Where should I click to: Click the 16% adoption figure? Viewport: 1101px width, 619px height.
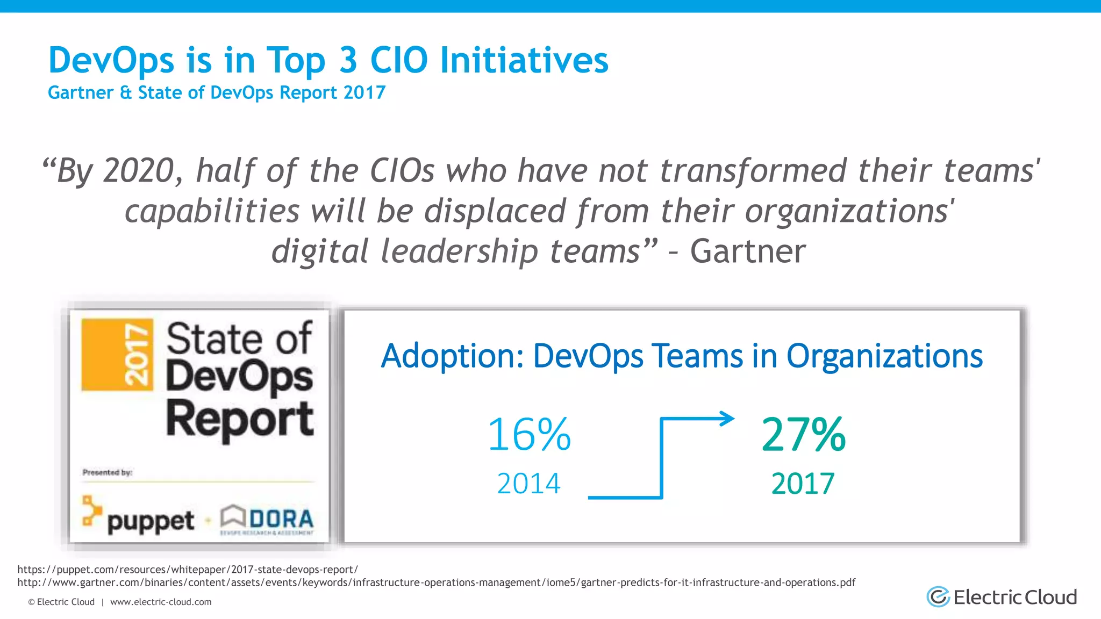529,435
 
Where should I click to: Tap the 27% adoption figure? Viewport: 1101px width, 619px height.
804,435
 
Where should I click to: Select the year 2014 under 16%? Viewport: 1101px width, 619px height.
528,484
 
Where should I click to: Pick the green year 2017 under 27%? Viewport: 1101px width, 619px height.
803,484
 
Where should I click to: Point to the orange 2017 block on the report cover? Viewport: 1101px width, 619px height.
117,355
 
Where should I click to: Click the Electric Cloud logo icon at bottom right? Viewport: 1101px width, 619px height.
938,597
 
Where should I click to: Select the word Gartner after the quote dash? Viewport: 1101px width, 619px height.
748,251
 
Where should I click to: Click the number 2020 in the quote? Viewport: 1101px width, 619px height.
139,171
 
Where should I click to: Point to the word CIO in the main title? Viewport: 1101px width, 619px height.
399,60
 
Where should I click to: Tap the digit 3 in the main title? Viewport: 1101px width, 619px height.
348,60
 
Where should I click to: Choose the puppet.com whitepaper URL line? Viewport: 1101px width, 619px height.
187,570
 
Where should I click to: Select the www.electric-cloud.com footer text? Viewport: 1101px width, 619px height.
161,602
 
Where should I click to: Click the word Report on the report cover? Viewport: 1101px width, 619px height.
240,420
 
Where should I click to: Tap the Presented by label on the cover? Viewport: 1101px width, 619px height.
107,472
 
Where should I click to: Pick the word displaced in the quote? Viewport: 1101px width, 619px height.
495,211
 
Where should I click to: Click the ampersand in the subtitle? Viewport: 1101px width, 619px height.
126,92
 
